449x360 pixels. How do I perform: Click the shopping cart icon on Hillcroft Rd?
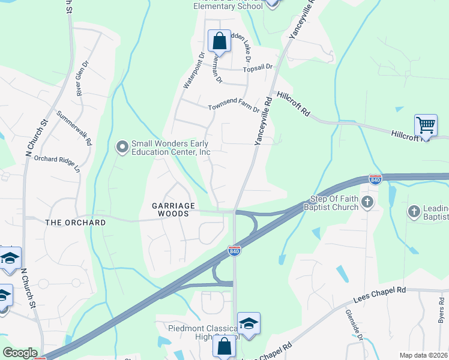426,126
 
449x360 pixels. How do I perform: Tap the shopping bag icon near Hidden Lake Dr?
219,41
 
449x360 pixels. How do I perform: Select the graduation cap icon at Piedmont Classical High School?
248,323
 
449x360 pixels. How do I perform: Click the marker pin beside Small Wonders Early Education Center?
122,147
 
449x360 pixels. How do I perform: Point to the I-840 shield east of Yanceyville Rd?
375,179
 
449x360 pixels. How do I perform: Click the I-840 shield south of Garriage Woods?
234,251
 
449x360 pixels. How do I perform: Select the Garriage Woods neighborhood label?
173,209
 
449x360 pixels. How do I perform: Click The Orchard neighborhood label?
76,223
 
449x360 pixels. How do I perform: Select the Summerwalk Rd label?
74,127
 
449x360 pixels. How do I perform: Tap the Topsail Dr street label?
258,68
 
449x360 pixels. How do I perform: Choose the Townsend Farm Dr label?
234,108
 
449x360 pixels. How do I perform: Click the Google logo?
20,353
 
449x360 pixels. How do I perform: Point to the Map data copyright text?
423,355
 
